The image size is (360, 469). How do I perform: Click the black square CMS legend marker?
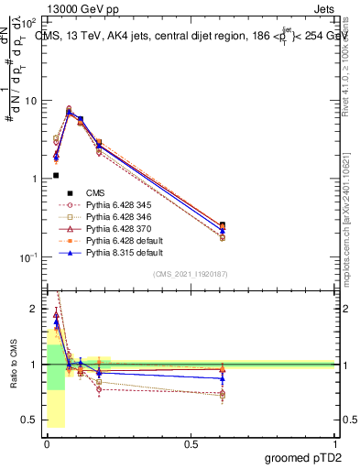coord(69,192)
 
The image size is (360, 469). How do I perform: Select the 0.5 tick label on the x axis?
coord(190,444)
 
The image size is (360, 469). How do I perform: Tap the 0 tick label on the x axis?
coord(46,444)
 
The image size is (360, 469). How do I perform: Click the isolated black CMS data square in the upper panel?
coord(56,175)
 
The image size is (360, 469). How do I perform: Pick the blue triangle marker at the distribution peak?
coord(70,112)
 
